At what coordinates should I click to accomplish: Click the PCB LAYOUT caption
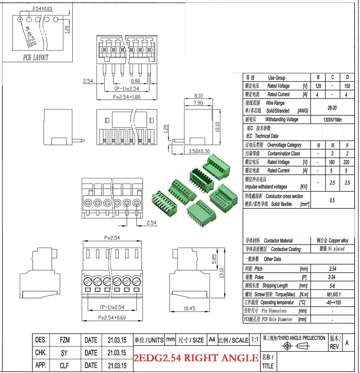(36, 57)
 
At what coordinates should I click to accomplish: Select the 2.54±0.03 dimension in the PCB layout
(42, 9)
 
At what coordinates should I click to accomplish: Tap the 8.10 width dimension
(198, 96)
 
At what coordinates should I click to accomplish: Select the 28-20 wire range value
(332, 107)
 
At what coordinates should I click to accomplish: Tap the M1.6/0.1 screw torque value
(332, 294)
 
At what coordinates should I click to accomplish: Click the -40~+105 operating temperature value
(332, 302)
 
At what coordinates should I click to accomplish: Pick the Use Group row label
(276, 77)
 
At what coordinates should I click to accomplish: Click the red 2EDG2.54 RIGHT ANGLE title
(196, 358)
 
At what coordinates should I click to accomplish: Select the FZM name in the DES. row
(65, 340)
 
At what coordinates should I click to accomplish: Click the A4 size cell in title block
(212, 340)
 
